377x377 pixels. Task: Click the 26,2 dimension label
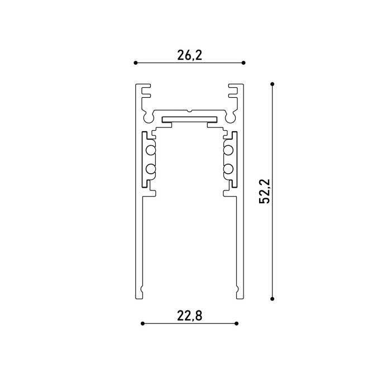190,55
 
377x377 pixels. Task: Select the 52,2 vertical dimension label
265,192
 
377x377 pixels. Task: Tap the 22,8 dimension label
190,316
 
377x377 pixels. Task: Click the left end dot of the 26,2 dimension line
136,63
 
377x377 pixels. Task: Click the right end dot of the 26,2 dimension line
244,63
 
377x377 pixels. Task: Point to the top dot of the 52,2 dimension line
272,84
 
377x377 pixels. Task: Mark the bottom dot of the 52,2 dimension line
272,299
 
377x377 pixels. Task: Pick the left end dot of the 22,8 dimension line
142,323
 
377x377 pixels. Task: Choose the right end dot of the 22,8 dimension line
237,323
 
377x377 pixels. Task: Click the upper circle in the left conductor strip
150,150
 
